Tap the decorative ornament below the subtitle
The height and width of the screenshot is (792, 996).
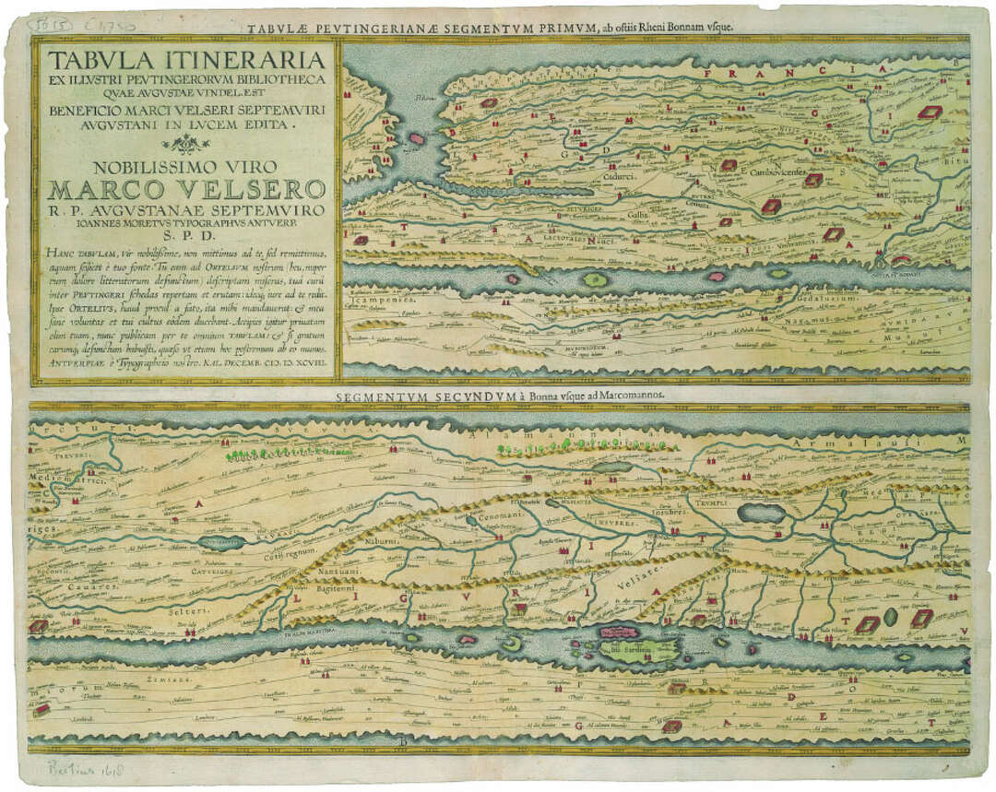pos(185,142)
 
